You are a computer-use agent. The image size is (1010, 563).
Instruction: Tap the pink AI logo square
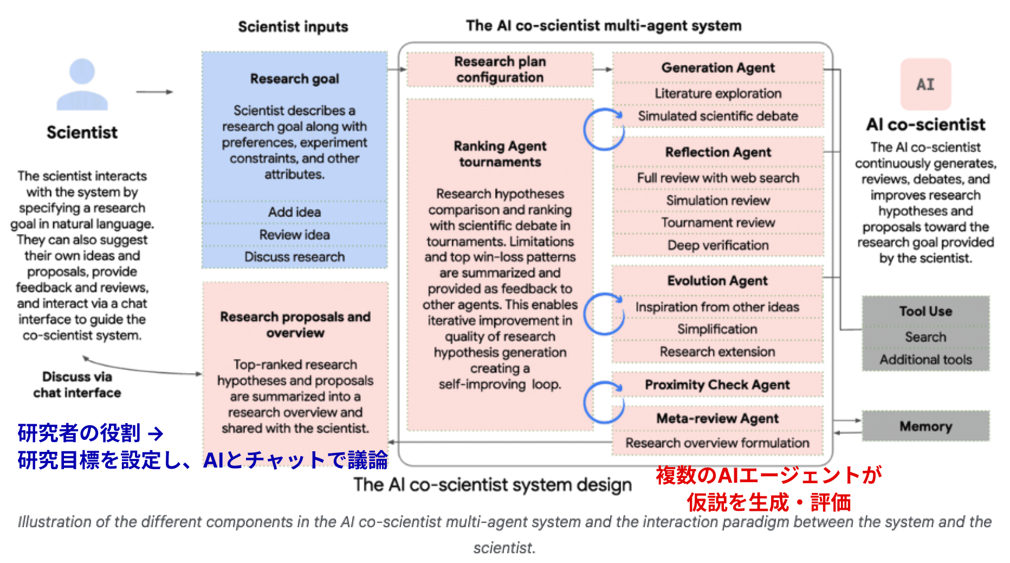click(925, 84)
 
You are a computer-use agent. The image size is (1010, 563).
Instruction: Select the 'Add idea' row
click(294, 212)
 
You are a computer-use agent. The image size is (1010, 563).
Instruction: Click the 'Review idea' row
click(294, 235)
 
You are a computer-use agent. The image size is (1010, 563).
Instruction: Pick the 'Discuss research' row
click(294, 257)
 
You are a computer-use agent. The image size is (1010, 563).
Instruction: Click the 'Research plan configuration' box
click(500, 69)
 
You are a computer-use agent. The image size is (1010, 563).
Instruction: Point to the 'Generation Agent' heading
click(718, 68)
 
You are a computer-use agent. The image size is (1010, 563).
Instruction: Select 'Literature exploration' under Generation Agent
click(718, 93)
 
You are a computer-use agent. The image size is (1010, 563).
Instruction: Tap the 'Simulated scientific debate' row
click(718, 116)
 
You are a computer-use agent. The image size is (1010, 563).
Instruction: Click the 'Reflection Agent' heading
click(718, 152)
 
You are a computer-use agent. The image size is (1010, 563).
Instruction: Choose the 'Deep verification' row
click(718, 245)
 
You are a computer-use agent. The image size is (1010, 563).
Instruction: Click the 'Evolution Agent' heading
click(717, 281)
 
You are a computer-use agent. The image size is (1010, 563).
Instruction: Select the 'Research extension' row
click(717, 352)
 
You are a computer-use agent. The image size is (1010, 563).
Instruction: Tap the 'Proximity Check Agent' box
click(717, 385)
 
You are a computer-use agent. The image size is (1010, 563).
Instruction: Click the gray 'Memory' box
click(925, 426)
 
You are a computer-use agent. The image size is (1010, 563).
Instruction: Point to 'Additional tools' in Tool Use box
click(925, 360)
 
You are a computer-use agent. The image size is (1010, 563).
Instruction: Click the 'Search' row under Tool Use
click(925, 337)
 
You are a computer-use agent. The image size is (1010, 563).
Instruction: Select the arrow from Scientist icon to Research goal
click(154, 92)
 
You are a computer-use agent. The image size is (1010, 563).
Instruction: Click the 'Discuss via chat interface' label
click(77, 385)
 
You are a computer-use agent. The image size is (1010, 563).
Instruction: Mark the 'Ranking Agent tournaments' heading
click(500, 154)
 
